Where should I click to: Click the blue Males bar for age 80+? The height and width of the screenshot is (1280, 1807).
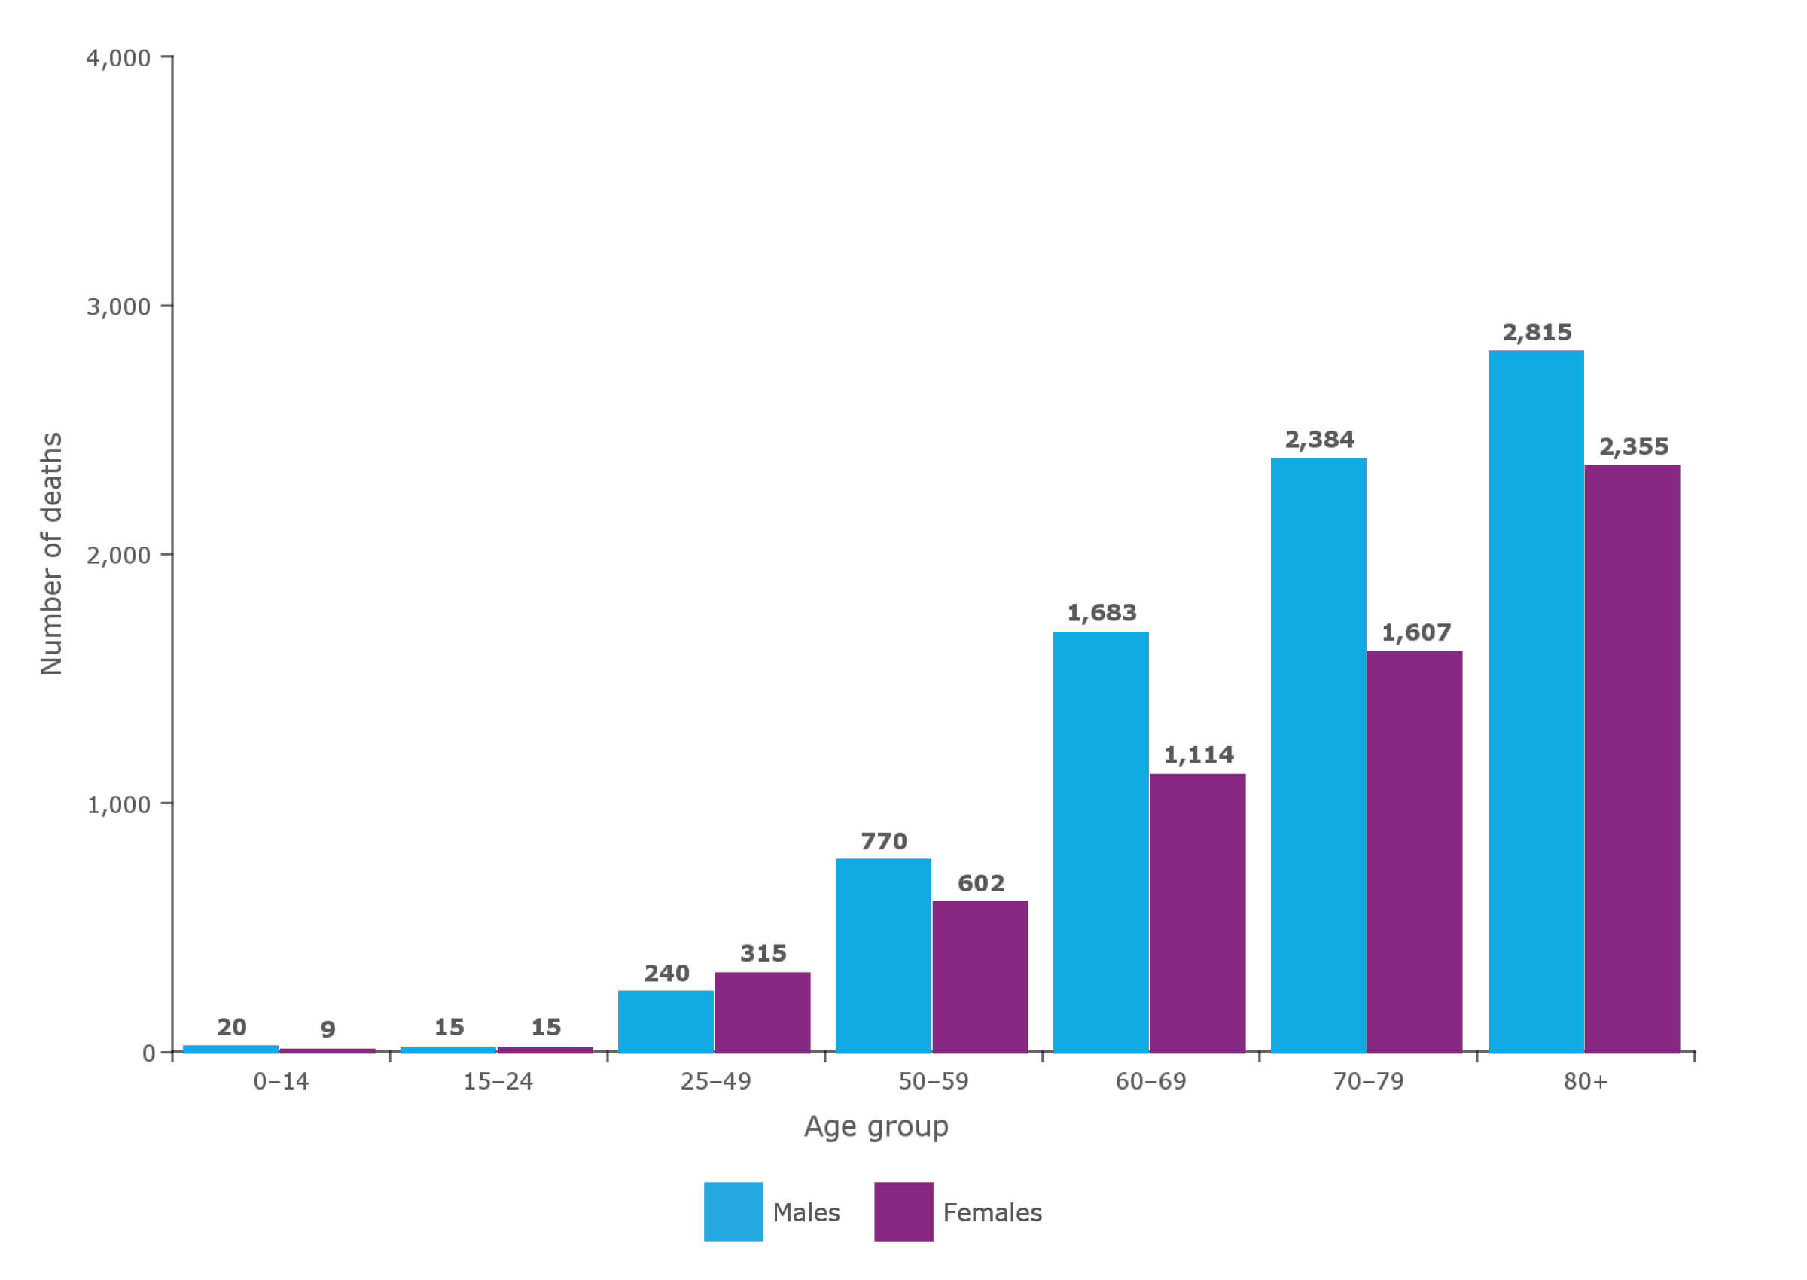(1535, 702)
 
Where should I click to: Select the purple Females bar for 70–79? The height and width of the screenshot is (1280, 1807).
(1414, 852)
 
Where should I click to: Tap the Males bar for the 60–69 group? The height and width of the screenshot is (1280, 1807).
(1100, 842)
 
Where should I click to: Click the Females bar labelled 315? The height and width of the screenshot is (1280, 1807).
(762, 1012)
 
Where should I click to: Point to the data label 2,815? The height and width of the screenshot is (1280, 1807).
(1536, 333)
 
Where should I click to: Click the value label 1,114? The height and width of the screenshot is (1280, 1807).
(1198, 755)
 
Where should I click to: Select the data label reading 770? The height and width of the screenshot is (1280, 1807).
(883, 841)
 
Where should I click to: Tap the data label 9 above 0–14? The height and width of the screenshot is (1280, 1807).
(328, 1029)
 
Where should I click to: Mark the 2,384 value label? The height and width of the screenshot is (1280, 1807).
(1318, 440)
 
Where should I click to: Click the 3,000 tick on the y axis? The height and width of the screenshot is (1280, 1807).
(118, 306)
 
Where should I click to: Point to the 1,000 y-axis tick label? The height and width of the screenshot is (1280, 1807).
(118, 805)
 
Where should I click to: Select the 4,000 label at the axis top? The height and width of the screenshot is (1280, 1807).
(118, 58)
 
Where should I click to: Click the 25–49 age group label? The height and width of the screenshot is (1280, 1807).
(715, 1081)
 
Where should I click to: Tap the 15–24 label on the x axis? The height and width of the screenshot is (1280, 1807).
(498, 1081)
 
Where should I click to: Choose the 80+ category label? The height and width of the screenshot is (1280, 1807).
(1585, 1081)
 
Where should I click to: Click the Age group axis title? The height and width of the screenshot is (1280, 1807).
(876, 1126)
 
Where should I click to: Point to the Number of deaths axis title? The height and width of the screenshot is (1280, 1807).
(51, 553)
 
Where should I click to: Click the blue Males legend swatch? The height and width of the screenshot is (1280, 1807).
(732, 1211)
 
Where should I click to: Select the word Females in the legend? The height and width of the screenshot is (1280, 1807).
(992, 1212)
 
